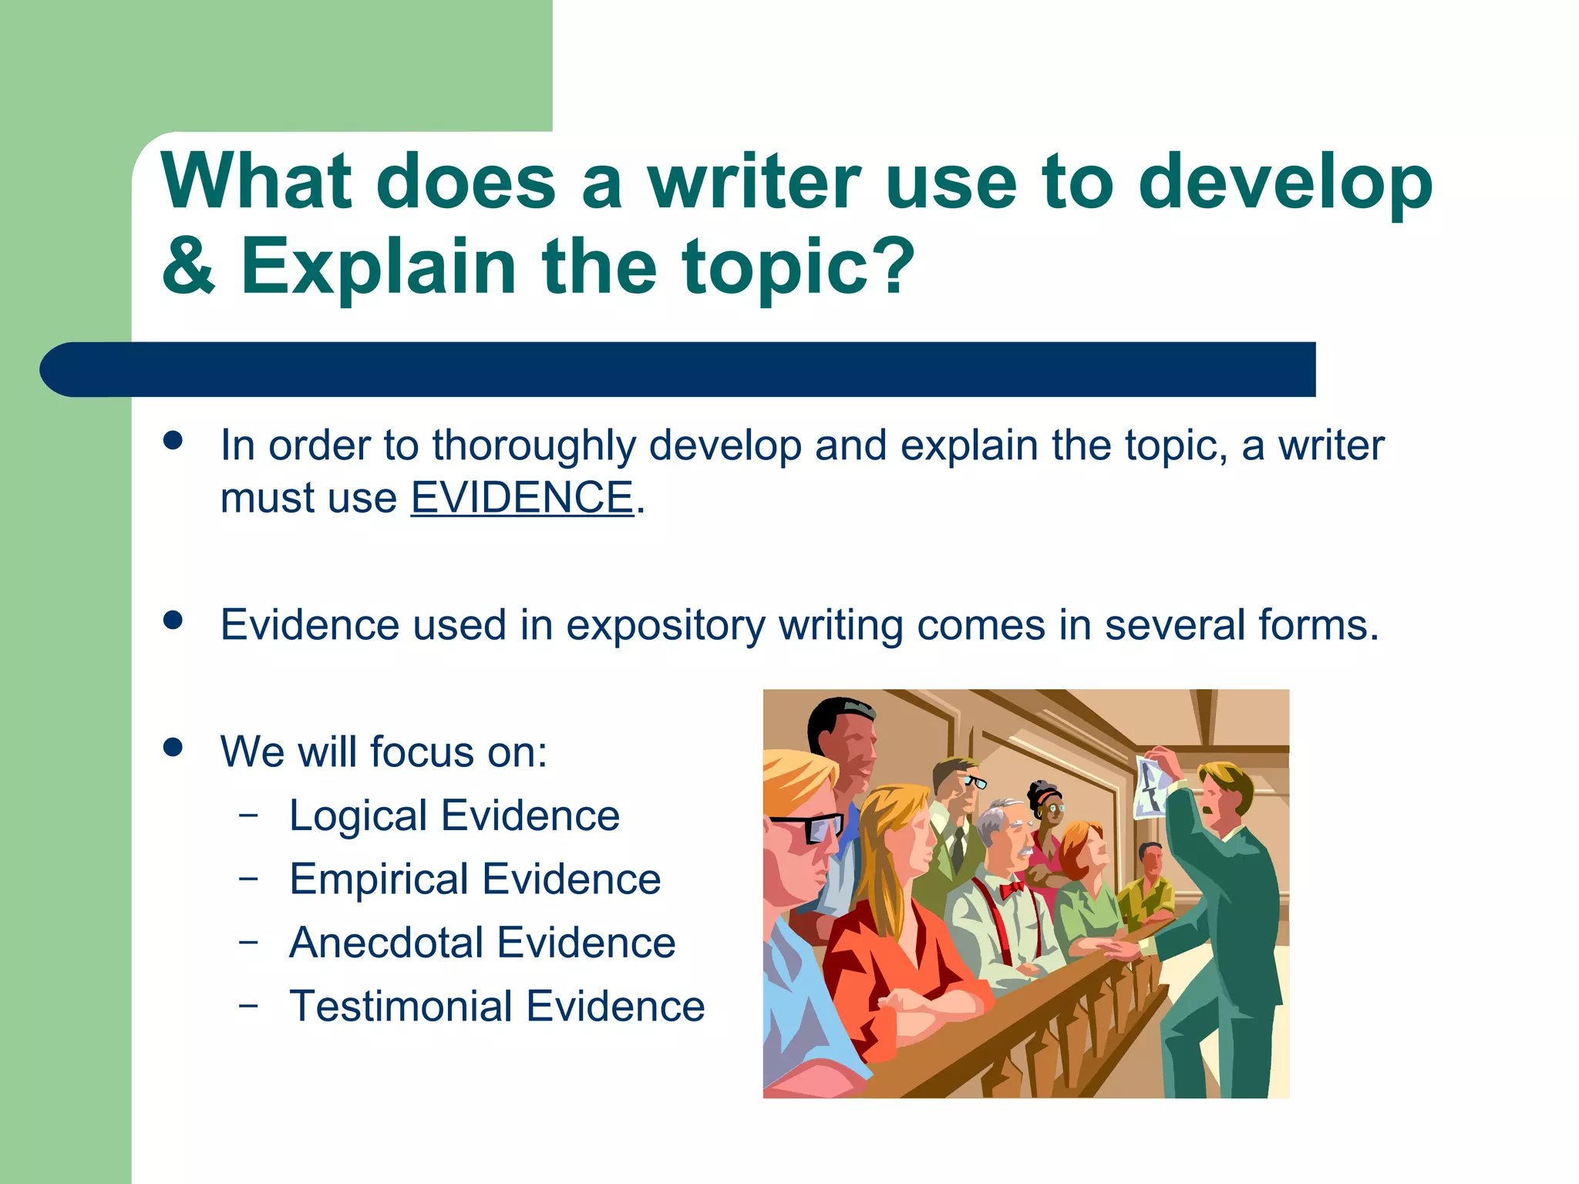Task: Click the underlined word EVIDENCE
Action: click(522, 497)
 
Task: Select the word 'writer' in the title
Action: click(753, 182)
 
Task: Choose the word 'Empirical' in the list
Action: click(379, 879)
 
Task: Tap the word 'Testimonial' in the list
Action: click(401, 1006)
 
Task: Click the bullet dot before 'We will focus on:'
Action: click(173, 747)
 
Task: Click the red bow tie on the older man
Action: click(1012, 890)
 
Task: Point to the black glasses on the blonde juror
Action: click(810, 828)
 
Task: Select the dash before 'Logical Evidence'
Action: click(248, 815)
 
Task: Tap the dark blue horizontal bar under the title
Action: click(678, 369)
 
